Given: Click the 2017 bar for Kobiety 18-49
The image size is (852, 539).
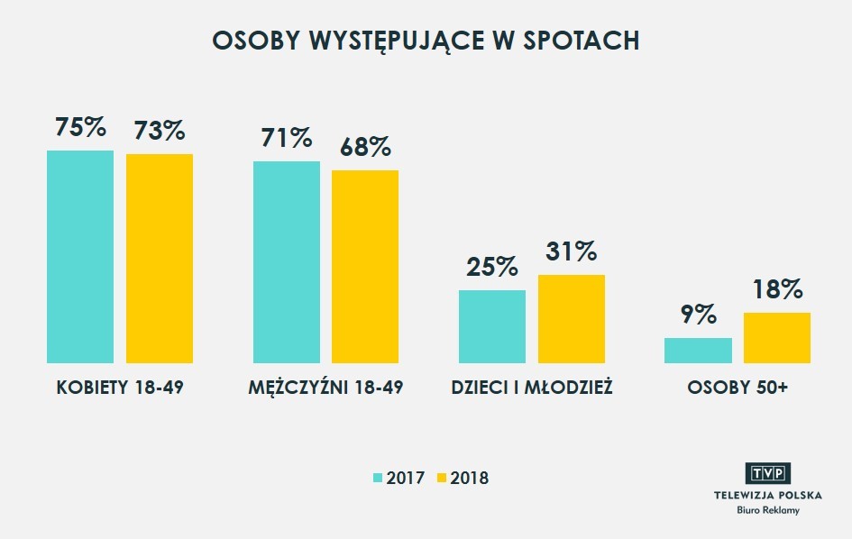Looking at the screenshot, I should click(x=80, y=257).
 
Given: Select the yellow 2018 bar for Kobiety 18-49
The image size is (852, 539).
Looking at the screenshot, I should click(x=160, y=259).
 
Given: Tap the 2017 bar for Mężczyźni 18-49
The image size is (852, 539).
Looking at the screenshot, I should click(x=287, y=262).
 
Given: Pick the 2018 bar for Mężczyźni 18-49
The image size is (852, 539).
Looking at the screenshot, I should click(x=365, y=266).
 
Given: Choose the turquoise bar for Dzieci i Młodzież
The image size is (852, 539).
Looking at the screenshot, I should click(x=492, y=326).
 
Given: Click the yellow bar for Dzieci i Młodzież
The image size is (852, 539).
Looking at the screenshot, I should click(x=572, y=318).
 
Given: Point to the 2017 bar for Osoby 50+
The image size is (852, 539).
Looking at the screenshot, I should click(x=698, y=351).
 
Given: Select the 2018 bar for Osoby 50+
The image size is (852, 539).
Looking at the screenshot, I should click(x=777, y=338).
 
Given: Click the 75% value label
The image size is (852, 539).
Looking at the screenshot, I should click(x=80, y=127).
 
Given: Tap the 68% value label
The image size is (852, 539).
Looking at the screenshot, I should click(x=365, y=147).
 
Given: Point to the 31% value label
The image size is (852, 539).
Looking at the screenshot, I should click(x=572, y=252).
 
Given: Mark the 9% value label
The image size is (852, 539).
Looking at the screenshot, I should click(x=698, y=315).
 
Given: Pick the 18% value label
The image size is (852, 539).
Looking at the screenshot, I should click(x=777, y=289).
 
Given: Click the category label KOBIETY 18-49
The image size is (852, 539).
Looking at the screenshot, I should click(x=120, y=388).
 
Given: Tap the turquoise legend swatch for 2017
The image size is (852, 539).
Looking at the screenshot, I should click(x=379, y=478).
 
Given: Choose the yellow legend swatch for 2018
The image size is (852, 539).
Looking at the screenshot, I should click(x=442, y=478).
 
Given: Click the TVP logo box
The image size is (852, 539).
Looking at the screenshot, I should click(x=768, y=474).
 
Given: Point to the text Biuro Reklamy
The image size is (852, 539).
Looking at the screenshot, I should click(x=768, y=510).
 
